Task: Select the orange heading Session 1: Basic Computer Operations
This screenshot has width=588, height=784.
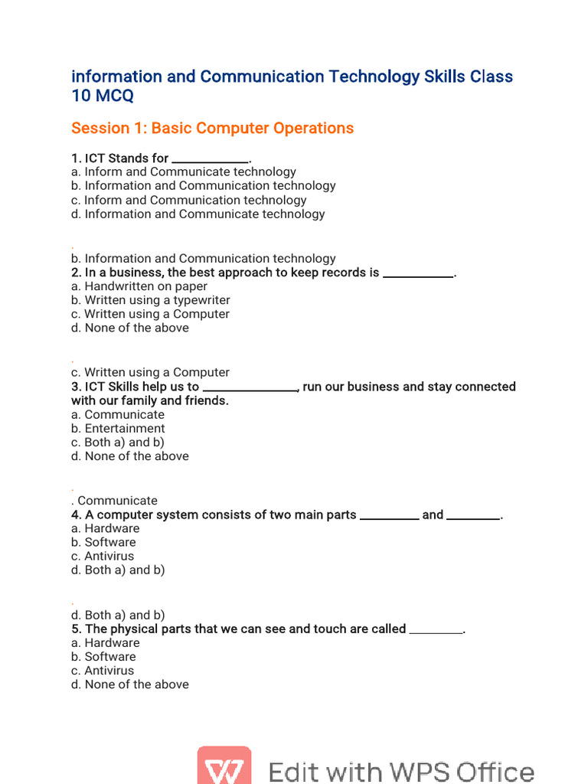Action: (x=212, y=128)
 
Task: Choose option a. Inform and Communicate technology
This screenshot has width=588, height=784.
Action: (x=184, y=172)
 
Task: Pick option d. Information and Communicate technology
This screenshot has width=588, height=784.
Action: (x=198, y=214)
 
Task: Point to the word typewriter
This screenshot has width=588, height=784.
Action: (x=201, y=300)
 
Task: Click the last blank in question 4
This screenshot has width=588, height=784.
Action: (x=473, y=517)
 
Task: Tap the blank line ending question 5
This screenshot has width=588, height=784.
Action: (x=436, y=631)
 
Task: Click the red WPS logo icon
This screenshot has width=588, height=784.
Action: (x=224, y=766)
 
